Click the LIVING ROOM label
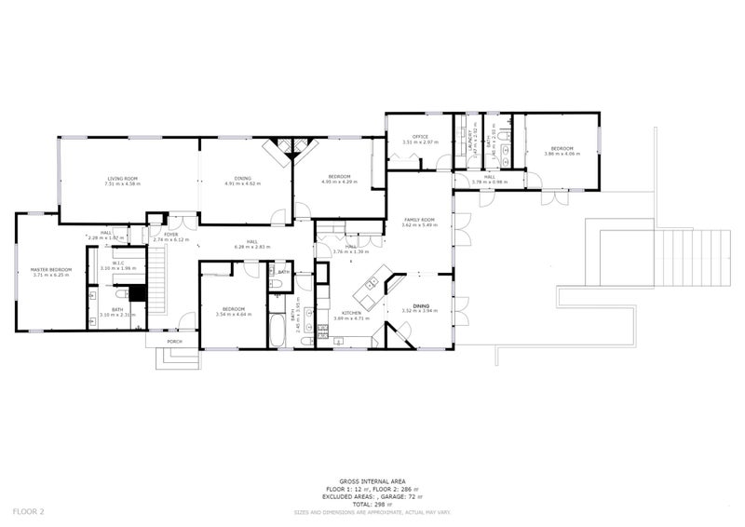(x=122, y=178)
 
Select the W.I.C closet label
(x=117, y=263)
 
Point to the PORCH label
(x=174, y=342)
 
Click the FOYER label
(x=171, y=234)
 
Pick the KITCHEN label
(x=351, y=313)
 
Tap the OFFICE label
(x=419, y=137)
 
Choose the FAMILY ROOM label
(x=419, y=220)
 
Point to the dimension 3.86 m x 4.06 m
(x=562, y=155)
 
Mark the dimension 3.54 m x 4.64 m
(x=233, y=315)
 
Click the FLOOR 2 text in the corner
(x=29, y=510)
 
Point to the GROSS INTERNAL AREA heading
(x=372, y=482)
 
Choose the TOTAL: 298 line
(x=372, y=504)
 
